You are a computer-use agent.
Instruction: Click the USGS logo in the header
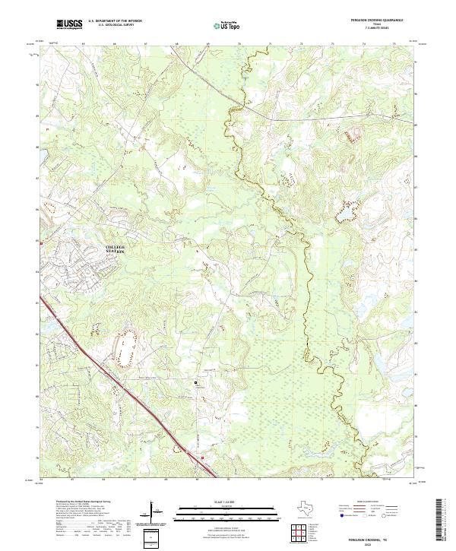coord(70,24)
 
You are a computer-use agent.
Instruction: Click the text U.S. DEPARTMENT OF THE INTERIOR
coord(115,21)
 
